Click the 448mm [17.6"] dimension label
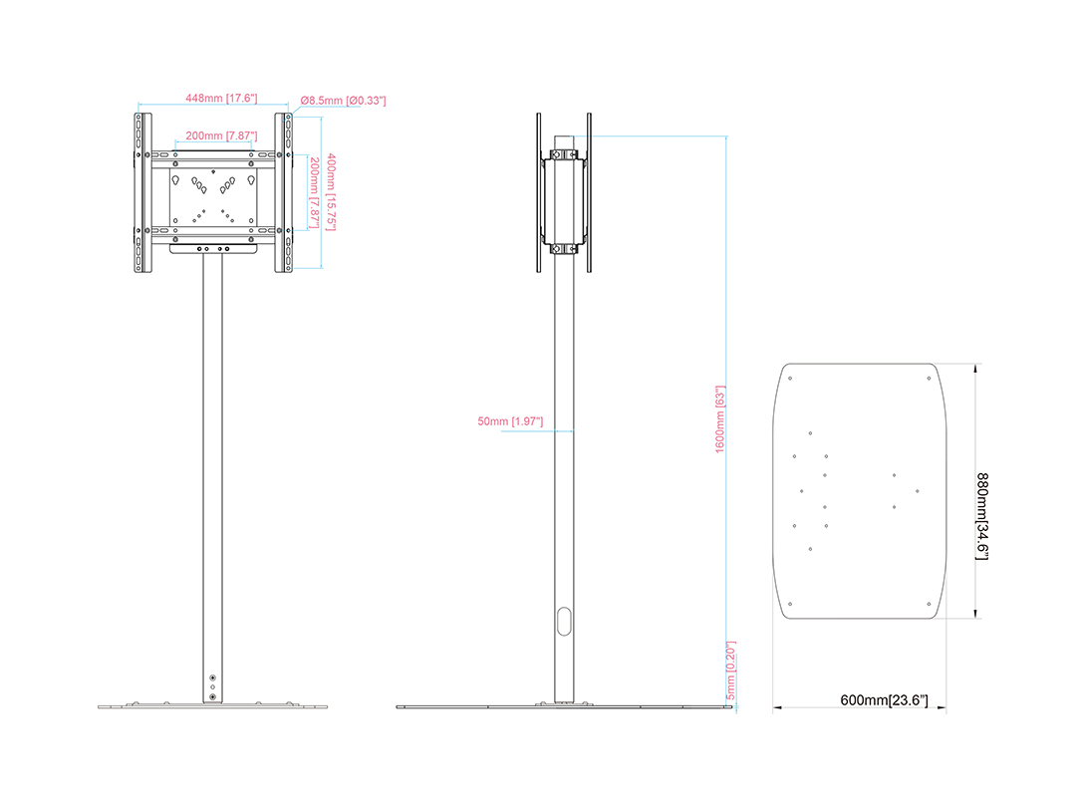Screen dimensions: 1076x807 pyautogui.click(x=221, y=98)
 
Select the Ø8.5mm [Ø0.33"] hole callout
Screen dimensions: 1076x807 pyautogui.click(x=343, y=101)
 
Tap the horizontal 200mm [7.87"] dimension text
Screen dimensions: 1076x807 pyautogui.click(x=221, y=135)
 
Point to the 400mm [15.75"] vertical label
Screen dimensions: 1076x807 pyautogui.click(x=331, y=192)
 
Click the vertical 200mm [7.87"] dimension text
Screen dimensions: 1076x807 pyautogui.click(x=314, y=193)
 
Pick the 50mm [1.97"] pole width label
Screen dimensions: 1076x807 pyautogui.click(x=510, y=420)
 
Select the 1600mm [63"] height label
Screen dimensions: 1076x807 pyautogui.click(x=720, y=418)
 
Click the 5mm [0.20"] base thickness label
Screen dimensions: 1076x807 pyautogui.click(x=731, y=671)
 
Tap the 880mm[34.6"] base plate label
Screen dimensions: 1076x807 pyautogui.click(x=982, y=516)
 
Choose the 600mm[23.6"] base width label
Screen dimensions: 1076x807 pyautogui.click(x=884, y=700)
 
